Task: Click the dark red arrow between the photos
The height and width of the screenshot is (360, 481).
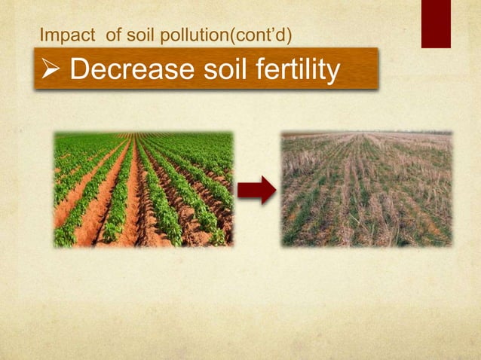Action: click(x=256, y=191)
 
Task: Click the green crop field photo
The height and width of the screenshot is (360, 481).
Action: click(x=143, y=190)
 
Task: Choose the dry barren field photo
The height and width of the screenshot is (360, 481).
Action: click(x=367, y=190)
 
